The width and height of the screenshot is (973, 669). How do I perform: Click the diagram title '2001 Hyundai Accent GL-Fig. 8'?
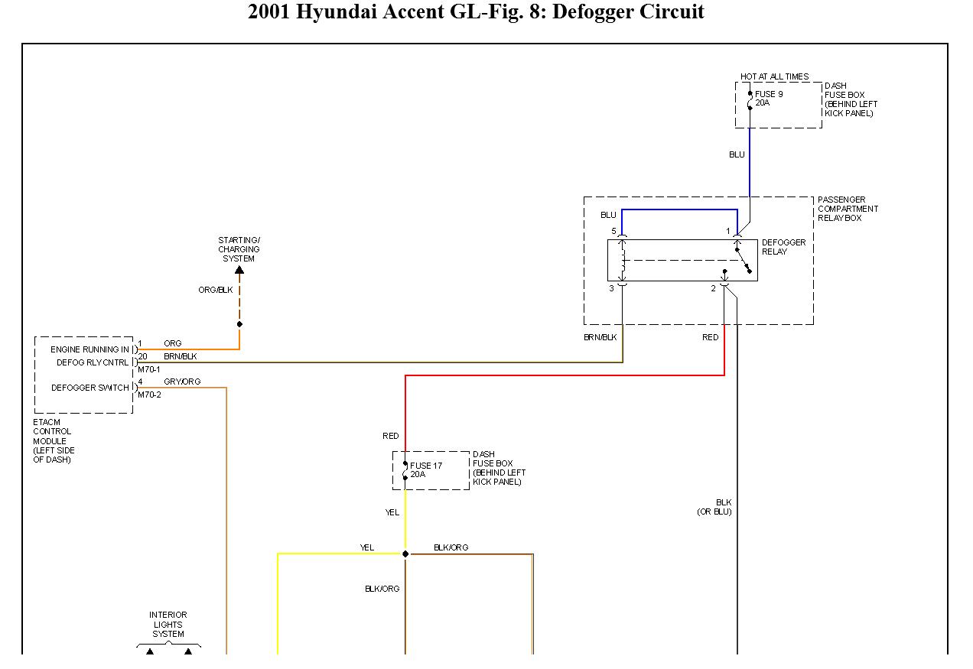476,12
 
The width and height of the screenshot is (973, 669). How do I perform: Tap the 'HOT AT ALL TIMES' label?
774,76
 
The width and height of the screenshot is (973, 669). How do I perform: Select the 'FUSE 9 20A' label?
768,99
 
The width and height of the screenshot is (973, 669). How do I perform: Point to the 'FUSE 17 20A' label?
425,470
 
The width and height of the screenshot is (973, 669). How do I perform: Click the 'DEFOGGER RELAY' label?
783,247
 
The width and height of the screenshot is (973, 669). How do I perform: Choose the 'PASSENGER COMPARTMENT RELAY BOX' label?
848,209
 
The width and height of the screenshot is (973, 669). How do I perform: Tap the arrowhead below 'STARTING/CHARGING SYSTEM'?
239,270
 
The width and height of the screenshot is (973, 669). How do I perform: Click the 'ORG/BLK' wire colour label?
215,290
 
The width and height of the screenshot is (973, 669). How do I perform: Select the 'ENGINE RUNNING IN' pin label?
90,349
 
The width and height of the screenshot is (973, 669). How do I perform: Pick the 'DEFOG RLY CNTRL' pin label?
93,362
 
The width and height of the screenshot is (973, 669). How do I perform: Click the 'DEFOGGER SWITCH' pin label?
90,388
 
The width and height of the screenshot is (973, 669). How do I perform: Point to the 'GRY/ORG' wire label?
182,382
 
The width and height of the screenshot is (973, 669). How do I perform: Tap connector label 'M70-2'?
149,395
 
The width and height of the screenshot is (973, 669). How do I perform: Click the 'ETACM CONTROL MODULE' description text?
52,441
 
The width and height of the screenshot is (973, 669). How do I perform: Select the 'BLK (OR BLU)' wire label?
714,507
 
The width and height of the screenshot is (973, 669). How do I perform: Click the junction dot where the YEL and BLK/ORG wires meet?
405,554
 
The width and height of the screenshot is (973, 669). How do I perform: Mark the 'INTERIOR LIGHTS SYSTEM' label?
168,625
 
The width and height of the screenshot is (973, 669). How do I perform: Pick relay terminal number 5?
613,231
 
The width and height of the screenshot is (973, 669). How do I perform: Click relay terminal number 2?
713,288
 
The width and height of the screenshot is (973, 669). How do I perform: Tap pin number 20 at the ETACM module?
142,356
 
